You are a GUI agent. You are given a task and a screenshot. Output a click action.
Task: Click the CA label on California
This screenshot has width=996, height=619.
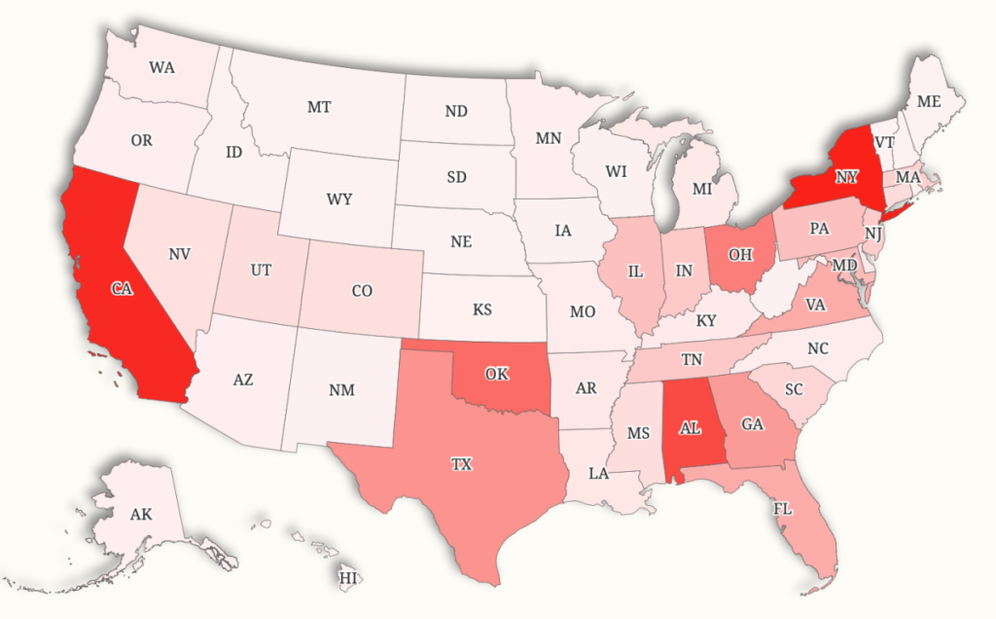coord(122,289)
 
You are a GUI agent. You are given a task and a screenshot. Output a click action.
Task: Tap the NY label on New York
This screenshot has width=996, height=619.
coord(845,177)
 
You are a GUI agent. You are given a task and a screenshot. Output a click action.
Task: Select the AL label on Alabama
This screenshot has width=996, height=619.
coord(691,427)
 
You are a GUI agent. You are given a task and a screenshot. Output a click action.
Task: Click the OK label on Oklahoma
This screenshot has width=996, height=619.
coord(497,375)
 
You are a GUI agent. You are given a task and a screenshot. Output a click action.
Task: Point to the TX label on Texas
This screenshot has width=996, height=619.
coord(462,464)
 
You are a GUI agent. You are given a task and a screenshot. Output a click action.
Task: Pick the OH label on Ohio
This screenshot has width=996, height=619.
coord(740,255)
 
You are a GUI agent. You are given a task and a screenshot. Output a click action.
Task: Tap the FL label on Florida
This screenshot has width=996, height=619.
coord(782,508)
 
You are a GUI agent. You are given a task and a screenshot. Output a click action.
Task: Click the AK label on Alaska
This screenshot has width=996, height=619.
coord(140,514)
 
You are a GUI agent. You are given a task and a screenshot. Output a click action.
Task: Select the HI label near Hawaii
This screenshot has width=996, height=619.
coord(347,578)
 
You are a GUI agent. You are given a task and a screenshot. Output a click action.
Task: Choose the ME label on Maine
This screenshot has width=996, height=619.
coord(929,101)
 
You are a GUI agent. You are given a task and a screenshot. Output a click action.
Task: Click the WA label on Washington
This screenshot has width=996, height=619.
coord(162,68)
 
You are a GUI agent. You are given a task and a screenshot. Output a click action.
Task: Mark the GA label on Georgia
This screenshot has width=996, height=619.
coord(752,424)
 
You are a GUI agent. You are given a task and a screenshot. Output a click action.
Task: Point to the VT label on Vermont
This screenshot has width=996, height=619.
coord(884,142)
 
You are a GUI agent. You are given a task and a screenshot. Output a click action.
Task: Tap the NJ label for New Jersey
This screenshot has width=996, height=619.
coord(873,235)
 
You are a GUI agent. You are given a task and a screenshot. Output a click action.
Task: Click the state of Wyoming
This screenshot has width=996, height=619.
coord(339,200)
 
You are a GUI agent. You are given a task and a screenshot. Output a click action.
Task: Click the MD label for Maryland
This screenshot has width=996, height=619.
coord(845,265)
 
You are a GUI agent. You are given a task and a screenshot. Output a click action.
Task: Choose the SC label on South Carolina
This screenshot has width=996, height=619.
coord(794,389)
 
